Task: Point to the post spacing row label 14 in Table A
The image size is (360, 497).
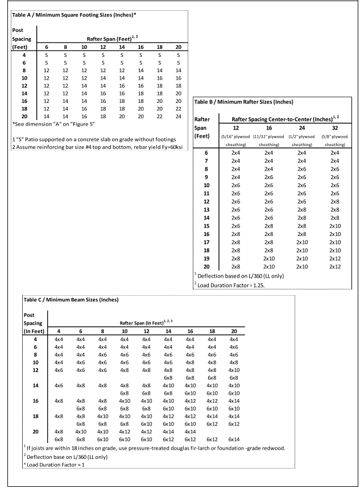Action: point(24,93)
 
